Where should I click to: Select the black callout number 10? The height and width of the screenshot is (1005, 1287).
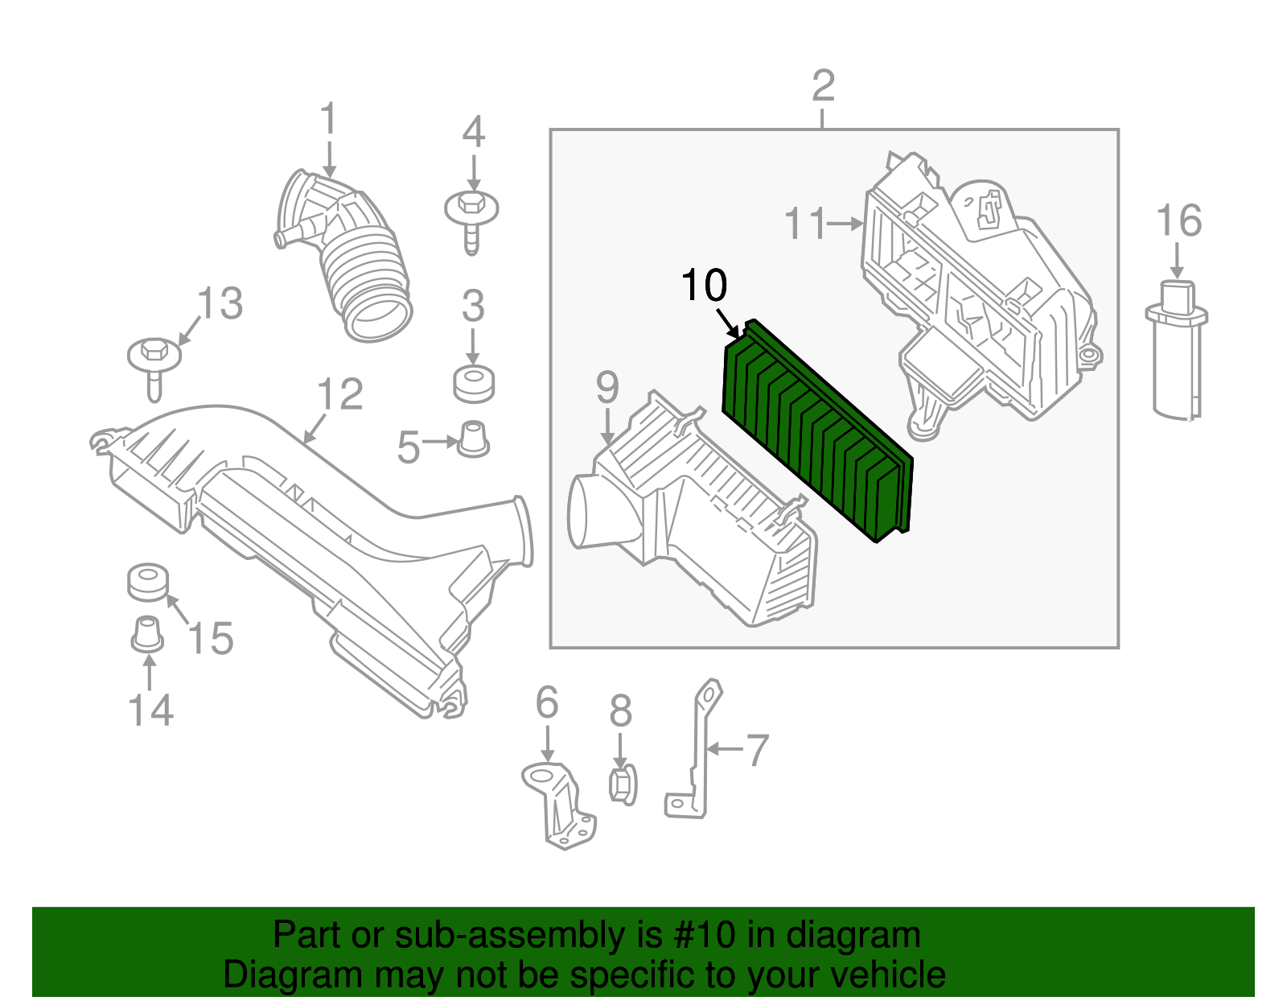point(704,286)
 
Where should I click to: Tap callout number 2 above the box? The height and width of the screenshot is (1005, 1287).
point(823,86)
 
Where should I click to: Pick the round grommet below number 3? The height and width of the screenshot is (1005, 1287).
point(473,384)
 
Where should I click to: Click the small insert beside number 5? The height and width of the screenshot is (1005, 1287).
point(473,439)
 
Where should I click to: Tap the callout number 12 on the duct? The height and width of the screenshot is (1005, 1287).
point(339,394)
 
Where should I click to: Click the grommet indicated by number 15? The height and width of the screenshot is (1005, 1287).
point(148,582)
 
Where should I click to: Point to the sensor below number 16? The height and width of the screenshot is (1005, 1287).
point(1175,350)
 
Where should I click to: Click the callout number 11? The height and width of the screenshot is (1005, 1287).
point(805,224)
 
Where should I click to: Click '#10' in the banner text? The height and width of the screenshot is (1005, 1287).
point(698,935)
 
